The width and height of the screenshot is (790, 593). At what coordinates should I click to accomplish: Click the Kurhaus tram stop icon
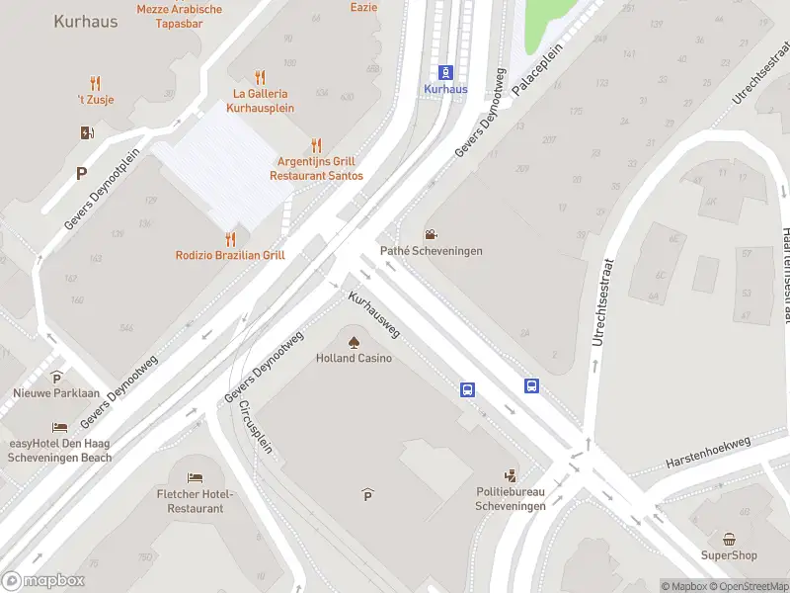[x=445, y=72]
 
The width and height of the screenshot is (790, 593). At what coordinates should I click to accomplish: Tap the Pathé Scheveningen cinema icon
[x=431, y=235]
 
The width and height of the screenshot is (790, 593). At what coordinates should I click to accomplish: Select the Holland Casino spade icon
[x=355, y=341]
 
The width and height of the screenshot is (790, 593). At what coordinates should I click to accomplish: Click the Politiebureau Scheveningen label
[x=510, y=499]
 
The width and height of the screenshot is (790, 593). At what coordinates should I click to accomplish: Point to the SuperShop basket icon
[x=729, y=539]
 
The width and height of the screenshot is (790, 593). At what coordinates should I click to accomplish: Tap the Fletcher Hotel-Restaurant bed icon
[x=196, y=478]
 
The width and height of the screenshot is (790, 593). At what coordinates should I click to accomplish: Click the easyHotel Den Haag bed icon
[x=60, y=427]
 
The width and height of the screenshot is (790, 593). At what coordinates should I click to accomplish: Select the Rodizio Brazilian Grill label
[x=230, y=255]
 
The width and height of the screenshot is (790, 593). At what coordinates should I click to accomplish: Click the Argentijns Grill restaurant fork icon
[x=316, y=145]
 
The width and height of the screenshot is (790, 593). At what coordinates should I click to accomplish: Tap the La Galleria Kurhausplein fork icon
[x=261, y=77]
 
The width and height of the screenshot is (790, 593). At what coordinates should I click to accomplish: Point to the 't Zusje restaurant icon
[x=95, y=83]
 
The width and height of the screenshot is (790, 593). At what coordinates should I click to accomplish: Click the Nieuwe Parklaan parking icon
[x=57, y=377]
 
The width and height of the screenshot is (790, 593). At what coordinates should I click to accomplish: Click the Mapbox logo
[x=43, y=581]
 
